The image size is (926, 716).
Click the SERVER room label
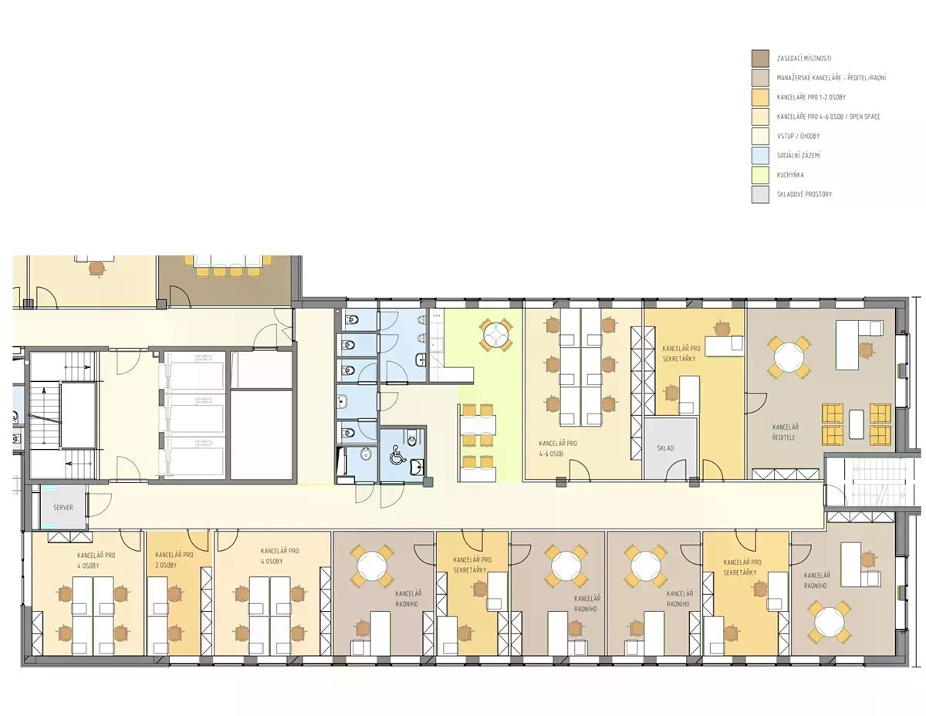(x=63, y=507)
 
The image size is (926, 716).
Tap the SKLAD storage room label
(x=665, y=447)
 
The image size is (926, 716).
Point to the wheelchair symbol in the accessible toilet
(x=397, y=454)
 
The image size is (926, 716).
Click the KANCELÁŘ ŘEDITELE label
(x=786, y=431)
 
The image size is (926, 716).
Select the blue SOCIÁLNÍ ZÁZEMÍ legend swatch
(x=760, y=155)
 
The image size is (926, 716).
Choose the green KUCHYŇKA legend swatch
(x=760, y=174)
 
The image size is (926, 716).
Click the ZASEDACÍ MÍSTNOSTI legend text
(x=804, y=59)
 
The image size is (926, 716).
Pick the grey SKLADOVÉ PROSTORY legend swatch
(x=760, y=194)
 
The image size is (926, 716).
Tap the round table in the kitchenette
(x=495, y=335)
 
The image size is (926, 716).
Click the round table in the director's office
(x=789, y=357)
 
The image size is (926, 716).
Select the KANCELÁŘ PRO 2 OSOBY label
(x=174, y=559)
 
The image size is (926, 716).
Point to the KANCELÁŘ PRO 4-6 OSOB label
(x=558, y=448)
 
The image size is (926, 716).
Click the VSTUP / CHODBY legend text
(x=798, y=137)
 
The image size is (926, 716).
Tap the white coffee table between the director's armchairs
(x=856, y=424)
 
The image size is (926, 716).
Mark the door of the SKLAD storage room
(x=676, y=470)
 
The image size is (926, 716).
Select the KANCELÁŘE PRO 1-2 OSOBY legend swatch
(x=760, y=97)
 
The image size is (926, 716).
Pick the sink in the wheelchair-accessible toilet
(x=417, y=467)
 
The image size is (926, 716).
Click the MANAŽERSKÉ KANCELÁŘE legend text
(x=831, y=78)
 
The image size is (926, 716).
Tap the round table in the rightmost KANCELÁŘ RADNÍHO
(x=829, y=621)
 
